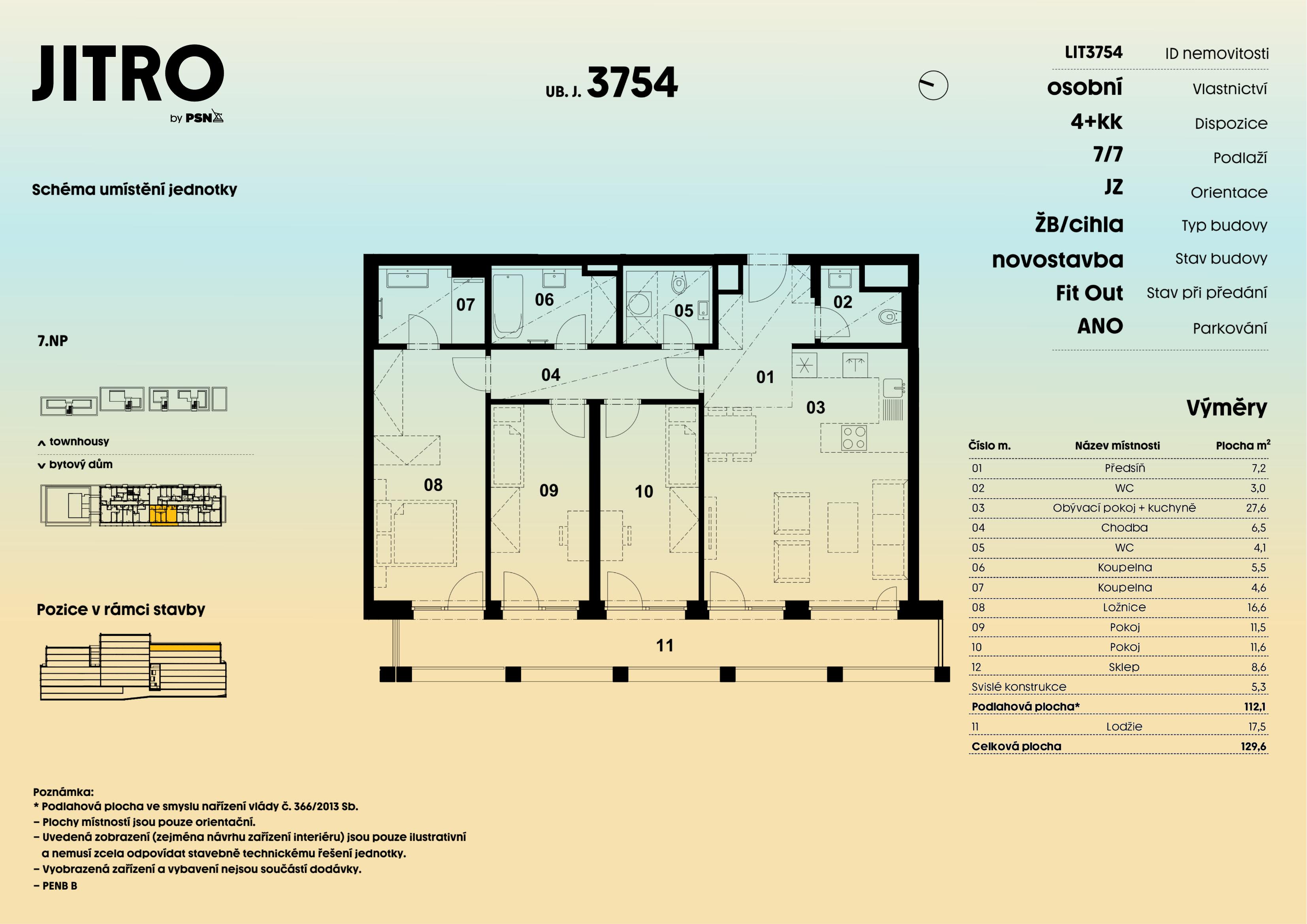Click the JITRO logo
point(128,74)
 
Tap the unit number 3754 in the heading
point(632,83)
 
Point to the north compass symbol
point(933,85)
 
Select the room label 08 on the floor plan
point(433,485)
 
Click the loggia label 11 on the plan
point(664,645)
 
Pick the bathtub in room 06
point(507,306)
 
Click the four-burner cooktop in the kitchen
point(854,438)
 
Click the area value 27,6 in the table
point(1256,508)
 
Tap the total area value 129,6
point(1254,746)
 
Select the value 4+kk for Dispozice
point(1096,122)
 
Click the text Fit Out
point(1089,293)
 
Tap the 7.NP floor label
point(53,341)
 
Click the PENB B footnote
point(59,886)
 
